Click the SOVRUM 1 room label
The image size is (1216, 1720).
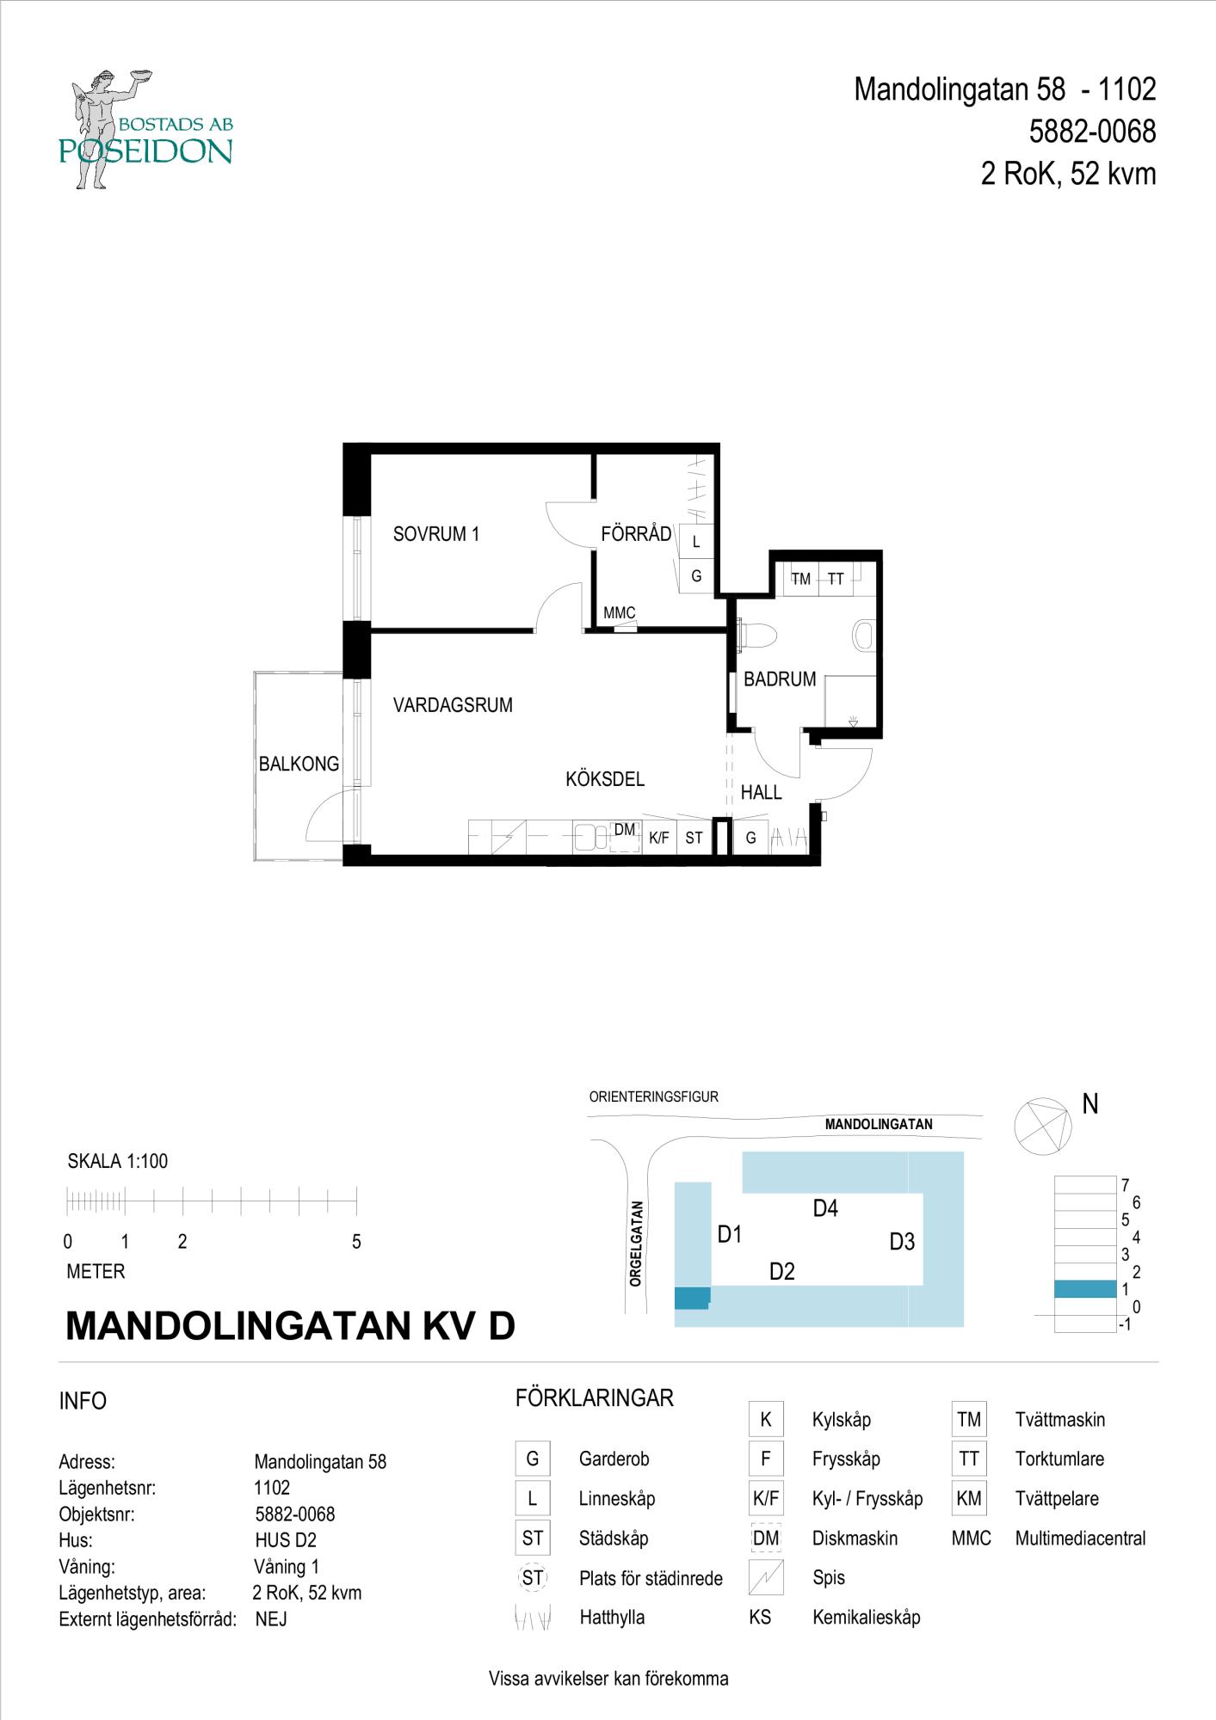point(435,534)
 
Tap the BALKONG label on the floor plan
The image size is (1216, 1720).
point(299,764)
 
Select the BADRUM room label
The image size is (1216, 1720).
point(780,679)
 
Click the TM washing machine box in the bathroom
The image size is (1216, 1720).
point(800,579)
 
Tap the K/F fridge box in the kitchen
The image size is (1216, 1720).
point(659,838)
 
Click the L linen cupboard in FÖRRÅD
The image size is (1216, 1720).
point(696,542)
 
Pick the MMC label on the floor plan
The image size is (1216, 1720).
point(619,613)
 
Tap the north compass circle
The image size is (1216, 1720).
point(1041,1127)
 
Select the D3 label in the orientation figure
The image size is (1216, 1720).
point(902,1242)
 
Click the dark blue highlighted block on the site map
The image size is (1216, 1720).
point(692,1298)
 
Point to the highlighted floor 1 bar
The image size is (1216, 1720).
point(1085,1289)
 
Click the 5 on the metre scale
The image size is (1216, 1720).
point(356,1243)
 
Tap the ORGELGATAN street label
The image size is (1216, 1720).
point(636,1244)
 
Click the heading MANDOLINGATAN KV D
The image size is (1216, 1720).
point(290,1326)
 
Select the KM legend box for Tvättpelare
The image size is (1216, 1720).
point(969,1499)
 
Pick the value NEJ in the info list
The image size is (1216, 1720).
point(271,1620)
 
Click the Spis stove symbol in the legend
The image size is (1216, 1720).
point(766,1577)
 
